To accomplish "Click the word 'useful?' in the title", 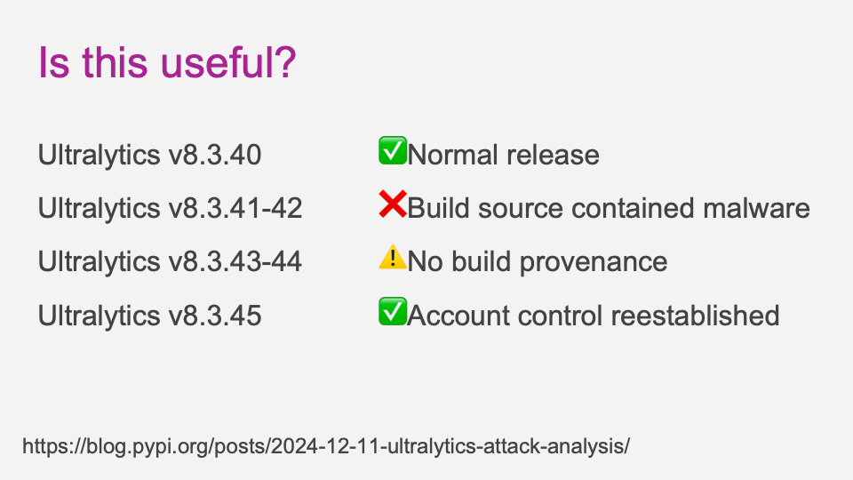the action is coord(228,62).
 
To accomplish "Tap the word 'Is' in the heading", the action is coord(54,62).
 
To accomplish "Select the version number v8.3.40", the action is coord(215,155).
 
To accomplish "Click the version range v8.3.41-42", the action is coord(235,208).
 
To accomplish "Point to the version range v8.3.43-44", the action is coord(235,261).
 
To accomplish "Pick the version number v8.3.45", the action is coord(215,315).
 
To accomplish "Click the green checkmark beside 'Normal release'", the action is coord(393,151).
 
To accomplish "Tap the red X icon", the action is coord(393,204).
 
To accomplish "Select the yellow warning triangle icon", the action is coord(393,257).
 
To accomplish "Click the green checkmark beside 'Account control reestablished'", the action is coord(393,311).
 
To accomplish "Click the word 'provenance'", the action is coord(594,262).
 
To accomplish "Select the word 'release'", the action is coord(553,155).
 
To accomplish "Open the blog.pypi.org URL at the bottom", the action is coord(326,446).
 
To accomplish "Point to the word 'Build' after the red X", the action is coord(438,208).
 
